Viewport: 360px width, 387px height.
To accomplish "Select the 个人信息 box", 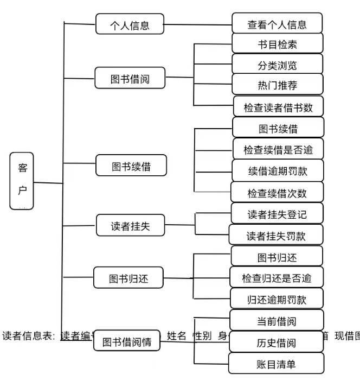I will point(130,24).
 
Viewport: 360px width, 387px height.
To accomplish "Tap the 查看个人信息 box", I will point(277,24).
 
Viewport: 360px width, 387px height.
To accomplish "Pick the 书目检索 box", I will point(277,44).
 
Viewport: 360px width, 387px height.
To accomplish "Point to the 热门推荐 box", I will point(277,85).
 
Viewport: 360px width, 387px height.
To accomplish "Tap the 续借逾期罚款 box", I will point(278,170).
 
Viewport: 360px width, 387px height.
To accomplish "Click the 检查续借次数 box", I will point(277,192).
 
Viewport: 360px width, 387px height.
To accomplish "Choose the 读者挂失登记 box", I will point(277,213).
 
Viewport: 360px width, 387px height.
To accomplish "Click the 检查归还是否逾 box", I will point(277,278).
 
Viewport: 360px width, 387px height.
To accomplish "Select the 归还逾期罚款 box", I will point(277,299).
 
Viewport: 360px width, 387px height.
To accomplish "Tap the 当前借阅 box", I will point(277,321).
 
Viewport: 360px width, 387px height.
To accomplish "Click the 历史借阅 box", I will point(277,342).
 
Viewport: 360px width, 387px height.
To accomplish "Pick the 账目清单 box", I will point(277,364).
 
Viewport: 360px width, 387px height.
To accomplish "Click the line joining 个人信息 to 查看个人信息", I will point(197,24).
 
